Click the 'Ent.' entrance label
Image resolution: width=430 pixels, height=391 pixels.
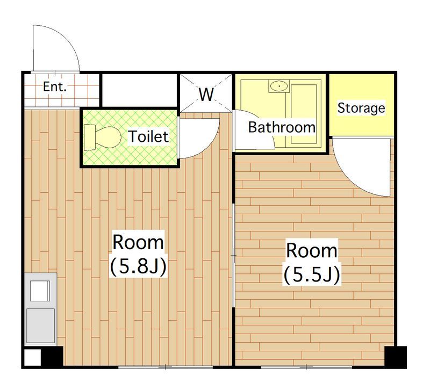pyautogui.click(x=55, y=87)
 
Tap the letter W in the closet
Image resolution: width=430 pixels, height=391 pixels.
pyautogui.click(x=206, y=94)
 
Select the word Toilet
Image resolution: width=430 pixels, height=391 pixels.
pyautogui.click(x=148, y=136)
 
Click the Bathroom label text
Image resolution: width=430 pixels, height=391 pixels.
pyautogui.click(x=282, y=127)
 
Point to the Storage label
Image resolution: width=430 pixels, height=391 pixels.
pyautogui.click(x=361, y=107)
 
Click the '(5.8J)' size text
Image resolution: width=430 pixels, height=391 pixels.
pyautogui.click(x=138, y=266)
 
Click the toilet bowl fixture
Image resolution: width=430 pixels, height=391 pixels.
pyautogui.click(x=103, y=137)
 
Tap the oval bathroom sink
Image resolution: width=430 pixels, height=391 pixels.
pyautogui.click(x=279, y=86)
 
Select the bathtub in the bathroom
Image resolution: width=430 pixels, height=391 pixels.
pyautogui.click(x=304, y=114)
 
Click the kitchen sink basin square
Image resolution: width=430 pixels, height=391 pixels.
pyautogui.click(x=40, y=291)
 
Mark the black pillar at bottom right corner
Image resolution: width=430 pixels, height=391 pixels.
pyautogui.click(x=396, y=357)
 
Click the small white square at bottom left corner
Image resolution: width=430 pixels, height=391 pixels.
pyautogui.click(x=33, y=358)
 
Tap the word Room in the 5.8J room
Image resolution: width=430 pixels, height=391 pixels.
pyautogui.click(x=138, y=242)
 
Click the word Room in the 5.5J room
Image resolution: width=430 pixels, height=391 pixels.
pyautogui.click(x=312, y=250)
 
